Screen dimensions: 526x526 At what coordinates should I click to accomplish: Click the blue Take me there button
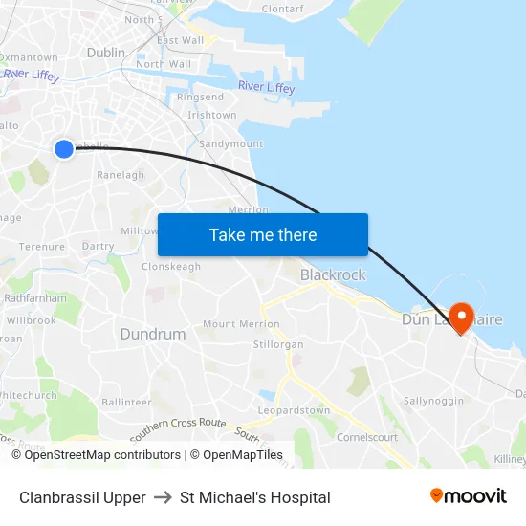pyautogui.click(x=263, y=235)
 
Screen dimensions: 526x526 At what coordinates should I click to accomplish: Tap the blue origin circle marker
pyautogui.click(x=64, y=148)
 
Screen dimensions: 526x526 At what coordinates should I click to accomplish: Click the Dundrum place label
pyautogui.click(x=153, y=334)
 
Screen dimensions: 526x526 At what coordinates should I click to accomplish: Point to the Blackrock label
pyautogui.click(x=333, y=274)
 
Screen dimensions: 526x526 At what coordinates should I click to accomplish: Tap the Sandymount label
pyautogui.click(x=230, y=144)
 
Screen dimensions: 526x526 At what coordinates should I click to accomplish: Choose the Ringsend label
pyautogui.click(x=200, y=98)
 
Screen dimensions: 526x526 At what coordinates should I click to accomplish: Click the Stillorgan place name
pyautogui.click(x=278, y=344)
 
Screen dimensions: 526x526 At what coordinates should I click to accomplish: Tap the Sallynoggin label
pyautogui.click(x=433, y=401)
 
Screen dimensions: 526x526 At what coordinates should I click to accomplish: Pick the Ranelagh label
pyautogui.click(x=121, y=175)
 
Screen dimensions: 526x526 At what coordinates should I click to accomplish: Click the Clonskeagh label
pyautogui.click(x=171, y=267)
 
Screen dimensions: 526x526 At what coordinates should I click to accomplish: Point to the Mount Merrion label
pyautogui.click(x=241, y=324)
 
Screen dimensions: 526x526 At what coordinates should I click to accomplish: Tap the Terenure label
pyautogui.click(x=42, y=247)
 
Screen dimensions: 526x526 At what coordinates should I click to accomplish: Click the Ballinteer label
pyautogui.click(x=126, y=403)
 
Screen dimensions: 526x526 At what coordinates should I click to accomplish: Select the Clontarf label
pyautogui.click(x=282, y=8)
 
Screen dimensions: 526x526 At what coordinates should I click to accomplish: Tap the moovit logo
pyautogui.click(x=469, y=496)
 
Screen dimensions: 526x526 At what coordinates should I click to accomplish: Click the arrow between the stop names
pyautogui.click(x=163, y=497)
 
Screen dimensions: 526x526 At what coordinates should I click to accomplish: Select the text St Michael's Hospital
pyautogui.click(x=255, y=497)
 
